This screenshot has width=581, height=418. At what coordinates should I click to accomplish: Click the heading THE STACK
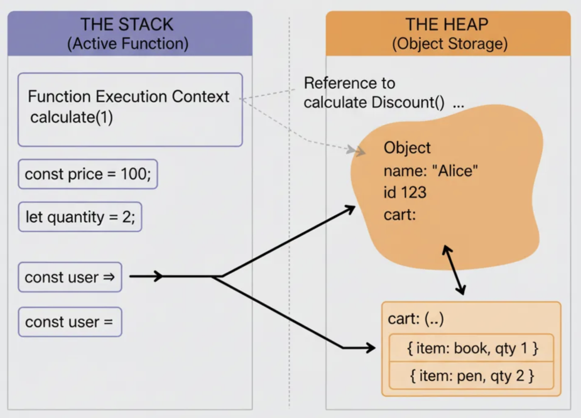click(x=127, y=25)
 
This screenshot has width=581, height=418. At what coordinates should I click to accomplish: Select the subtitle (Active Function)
click(x=127, y=44)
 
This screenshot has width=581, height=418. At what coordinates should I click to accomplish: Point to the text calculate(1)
click(x=72, y=117)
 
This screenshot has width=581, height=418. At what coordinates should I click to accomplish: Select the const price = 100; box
click(x=88, y=174)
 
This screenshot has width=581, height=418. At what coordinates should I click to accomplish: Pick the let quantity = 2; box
click(x=80, y=217)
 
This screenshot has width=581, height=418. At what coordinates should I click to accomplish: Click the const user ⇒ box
click(x=70, y=278)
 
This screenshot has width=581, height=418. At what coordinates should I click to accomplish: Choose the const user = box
click(x=70, y=322)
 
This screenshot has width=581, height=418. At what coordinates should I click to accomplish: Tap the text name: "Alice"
click(x=431, y=172)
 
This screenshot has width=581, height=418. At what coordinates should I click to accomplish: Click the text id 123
click(x=405, y=193)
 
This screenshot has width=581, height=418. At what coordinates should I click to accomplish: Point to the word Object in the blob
click(x=407, y=148)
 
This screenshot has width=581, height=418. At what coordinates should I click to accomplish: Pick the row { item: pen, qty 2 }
click(x=472, y=376)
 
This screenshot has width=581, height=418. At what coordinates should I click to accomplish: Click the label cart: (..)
click(x=416, y=319)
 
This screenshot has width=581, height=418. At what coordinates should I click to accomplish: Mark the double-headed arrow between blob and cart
click(x=454, y=271)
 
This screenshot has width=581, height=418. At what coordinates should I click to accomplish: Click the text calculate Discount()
click(x=374, y=103)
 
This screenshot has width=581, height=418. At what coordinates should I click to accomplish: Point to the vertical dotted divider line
click(x=289, y=215)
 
